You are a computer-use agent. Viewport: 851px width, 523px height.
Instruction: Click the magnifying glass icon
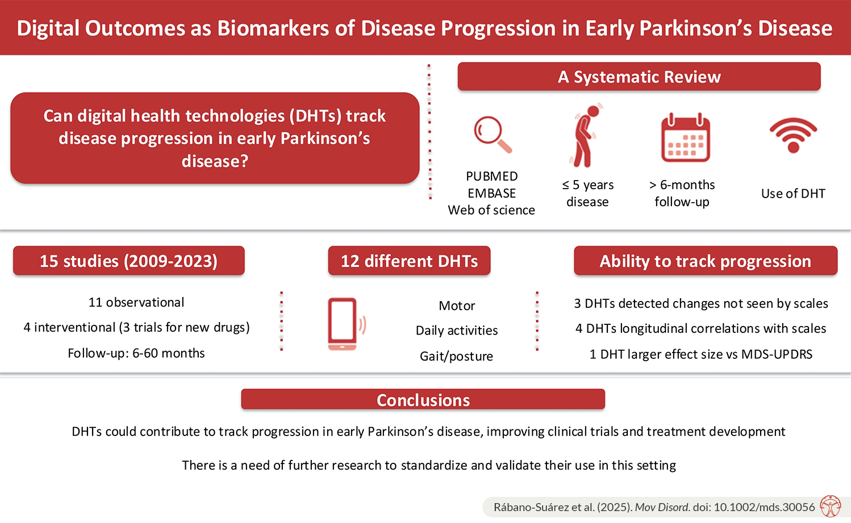[493, 135]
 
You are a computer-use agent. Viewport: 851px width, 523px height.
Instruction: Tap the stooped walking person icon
[585, 136]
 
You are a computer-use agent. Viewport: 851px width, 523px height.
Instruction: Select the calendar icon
[685, 137]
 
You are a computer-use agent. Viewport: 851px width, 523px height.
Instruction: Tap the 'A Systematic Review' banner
[639, 77]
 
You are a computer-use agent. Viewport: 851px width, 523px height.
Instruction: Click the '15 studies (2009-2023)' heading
[129, 261]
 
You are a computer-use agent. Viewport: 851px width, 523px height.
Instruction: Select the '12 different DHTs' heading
[409, 261]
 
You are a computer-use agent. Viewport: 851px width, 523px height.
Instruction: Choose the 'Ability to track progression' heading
[706, 261]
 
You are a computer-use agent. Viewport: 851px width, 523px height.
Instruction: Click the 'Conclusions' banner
[423, 400]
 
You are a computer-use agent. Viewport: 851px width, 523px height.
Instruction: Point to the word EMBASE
[491, 193]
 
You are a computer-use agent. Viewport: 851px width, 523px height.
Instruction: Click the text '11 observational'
[136, 302]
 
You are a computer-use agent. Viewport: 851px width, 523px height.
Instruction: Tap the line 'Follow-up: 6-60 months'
[136, 353]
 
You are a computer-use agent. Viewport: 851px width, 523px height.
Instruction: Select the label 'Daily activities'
[457, 330]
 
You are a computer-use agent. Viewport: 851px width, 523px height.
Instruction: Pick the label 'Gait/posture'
[456, 356]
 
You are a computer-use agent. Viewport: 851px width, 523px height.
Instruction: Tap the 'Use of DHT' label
[793, 194]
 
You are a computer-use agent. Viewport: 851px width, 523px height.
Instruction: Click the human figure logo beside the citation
[831, 507]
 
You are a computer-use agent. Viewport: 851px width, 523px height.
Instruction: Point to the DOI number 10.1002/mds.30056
[765, 507]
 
